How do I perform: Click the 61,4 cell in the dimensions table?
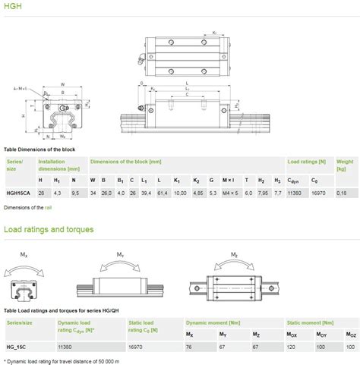pyautogui.click(x=160, y=193)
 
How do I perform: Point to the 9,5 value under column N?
pyautogui.click(x=74, y=193)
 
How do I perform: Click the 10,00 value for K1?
pyautogui.click(x=179, y=193)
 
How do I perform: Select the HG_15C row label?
pyautogui.click(x=17, y=348)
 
